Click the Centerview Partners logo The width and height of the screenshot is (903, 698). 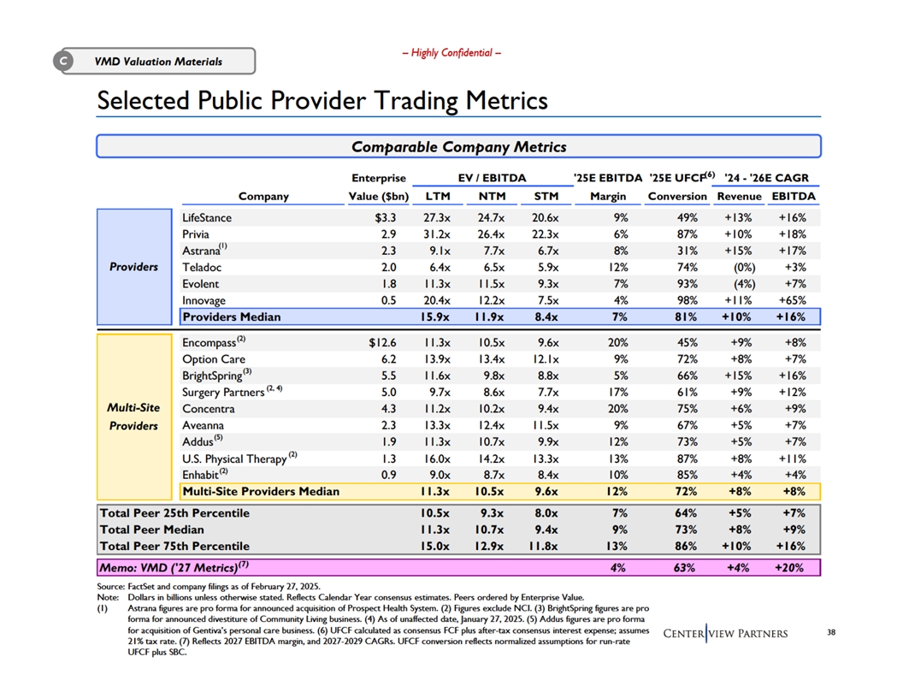(x=725, y=633)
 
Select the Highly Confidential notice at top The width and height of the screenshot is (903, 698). (x=451, y=53)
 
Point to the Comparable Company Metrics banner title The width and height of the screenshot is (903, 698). (x=458, y=147)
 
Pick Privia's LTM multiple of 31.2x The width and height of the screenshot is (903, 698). (x=439, y=234)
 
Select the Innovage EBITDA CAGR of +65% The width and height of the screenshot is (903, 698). (x=792, y=300)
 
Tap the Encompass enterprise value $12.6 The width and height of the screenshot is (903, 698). (x=378, y=344)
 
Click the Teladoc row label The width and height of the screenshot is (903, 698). (x=202, y=267)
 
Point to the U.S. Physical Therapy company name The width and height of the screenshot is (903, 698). (x=234, y=458)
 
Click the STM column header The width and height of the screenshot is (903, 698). (x=546, y=197)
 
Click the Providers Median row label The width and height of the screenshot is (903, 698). (x=232, y=317)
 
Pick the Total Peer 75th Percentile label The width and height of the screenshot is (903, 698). (x=174, y=546)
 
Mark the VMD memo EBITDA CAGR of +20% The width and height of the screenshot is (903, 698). (x=792, y=568)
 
